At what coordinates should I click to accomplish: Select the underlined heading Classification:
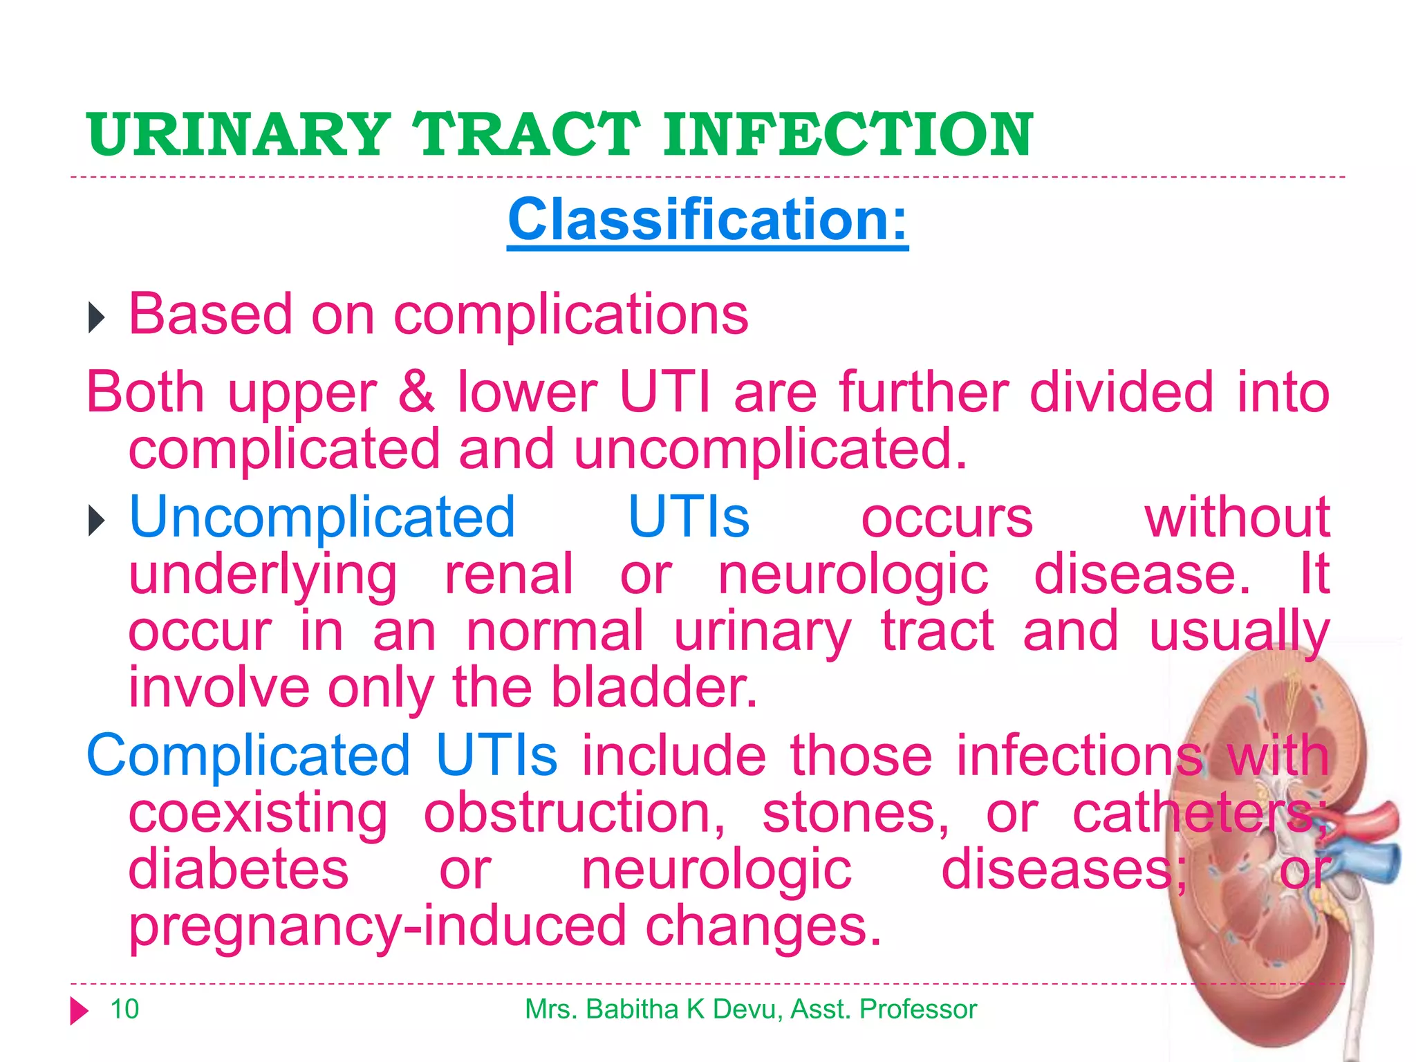[707, 220]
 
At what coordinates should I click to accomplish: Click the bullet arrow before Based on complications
[96, 319]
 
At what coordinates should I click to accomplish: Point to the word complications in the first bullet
[570, 315]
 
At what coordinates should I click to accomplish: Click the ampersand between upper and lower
[416, 392]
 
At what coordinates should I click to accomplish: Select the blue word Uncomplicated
[322, 518]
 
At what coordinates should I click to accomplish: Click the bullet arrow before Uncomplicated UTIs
[96, 521]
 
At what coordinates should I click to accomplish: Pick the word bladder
[653, 689]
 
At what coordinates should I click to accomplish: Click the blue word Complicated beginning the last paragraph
[248, 756]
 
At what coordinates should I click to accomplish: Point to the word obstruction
[574, 814]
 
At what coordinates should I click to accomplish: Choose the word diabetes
[239, 870]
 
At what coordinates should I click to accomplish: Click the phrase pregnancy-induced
[378, 927]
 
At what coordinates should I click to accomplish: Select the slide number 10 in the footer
[124, 1009]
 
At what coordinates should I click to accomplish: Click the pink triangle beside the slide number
[79, 1011]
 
